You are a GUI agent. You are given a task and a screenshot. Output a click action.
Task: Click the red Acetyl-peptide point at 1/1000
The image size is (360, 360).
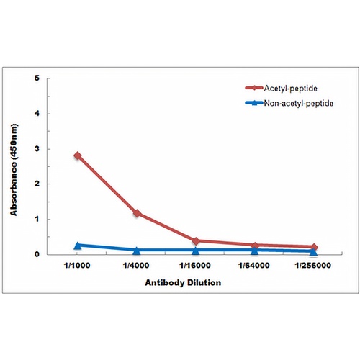77,156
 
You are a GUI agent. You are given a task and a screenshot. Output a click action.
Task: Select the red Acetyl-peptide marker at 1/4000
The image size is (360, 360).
137,213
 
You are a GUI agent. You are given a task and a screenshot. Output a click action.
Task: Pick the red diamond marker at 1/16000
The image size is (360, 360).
196,241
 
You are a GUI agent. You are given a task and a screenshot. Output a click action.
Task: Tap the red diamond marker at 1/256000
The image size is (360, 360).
313,247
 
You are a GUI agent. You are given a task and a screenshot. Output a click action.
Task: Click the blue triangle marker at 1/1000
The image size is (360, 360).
77,246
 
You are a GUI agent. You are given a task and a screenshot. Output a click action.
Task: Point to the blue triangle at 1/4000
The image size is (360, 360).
137,251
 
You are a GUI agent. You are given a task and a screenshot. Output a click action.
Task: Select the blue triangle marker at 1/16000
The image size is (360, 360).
196,251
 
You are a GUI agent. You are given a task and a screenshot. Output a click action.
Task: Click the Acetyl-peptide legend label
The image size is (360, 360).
290,89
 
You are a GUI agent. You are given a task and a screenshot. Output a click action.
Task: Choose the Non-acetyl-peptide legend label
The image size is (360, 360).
298,104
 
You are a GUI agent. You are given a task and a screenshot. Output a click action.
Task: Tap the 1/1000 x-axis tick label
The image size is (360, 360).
77,266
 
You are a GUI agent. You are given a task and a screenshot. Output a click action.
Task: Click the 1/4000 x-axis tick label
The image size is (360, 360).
136,266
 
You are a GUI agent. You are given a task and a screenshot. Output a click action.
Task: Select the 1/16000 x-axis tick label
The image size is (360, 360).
195,266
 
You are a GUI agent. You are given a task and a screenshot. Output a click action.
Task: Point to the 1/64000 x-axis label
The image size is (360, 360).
254,266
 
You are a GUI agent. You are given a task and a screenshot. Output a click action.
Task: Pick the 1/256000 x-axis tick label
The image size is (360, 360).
313,266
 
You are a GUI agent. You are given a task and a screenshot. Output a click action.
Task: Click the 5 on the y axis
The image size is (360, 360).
37,78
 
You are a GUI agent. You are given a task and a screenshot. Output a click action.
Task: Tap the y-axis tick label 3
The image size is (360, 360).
37,149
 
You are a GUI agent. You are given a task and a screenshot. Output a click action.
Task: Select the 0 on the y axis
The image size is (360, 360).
37,254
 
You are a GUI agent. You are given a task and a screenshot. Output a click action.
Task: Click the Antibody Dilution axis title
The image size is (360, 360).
183,282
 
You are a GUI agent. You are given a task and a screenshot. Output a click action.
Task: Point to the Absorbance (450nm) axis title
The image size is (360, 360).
14,170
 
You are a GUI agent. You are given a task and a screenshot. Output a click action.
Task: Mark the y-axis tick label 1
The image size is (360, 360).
37,219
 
